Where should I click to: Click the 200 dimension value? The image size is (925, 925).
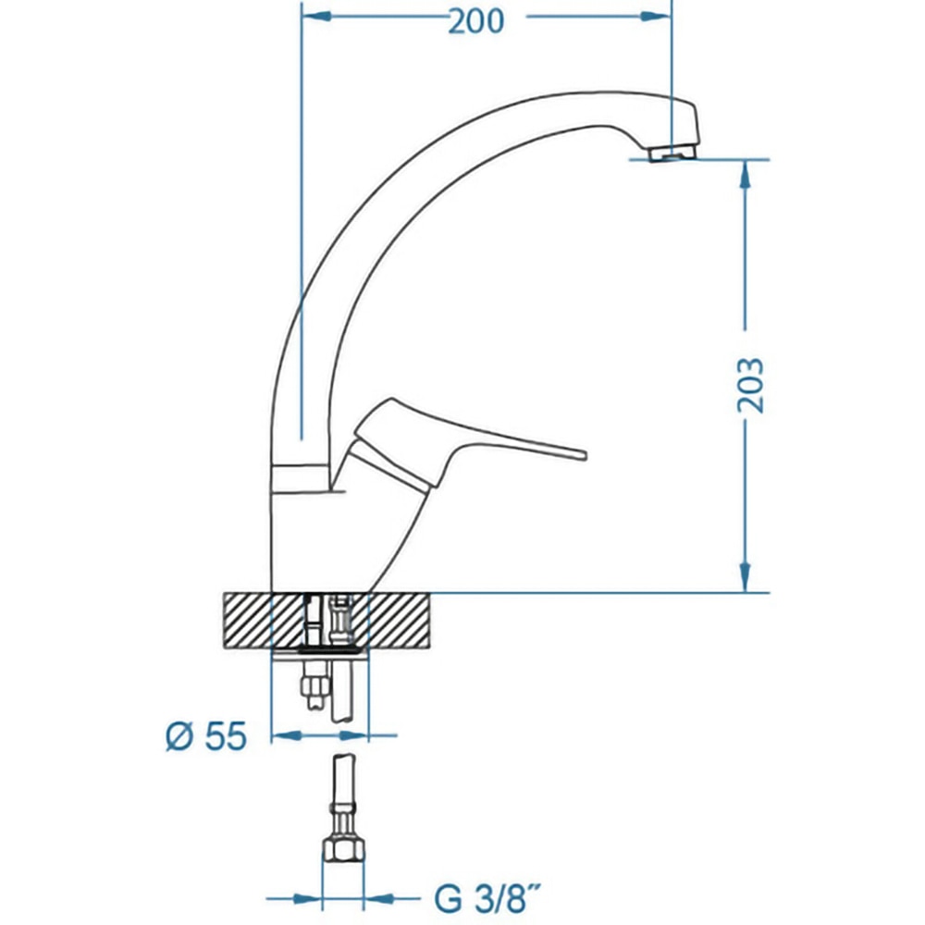click(476, 21)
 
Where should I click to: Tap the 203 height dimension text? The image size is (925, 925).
click(751, 385)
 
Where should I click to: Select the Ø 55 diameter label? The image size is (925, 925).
click(206, 736)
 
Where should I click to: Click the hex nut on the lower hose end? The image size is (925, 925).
click(343, 851)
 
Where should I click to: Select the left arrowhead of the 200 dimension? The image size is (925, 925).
click(315, 17)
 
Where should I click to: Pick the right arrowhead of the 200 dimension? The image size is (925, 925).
click(656, 17)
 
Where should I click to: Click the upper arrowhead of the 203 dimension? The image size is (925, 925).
click(746, 174)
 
